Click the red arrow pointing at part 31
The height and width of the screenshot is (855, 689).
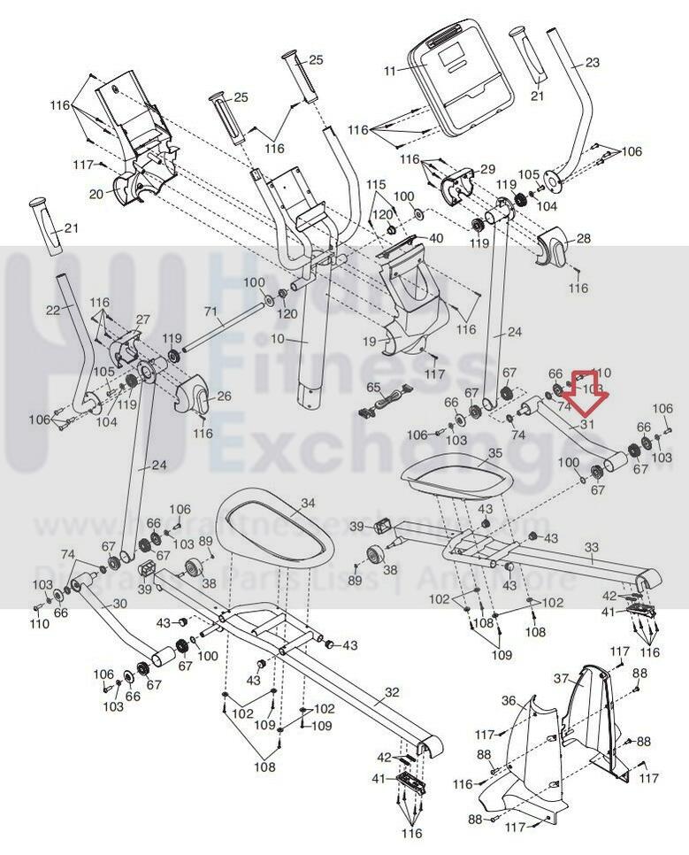584,392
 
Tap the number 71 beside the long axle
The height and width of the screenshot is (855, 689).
211,312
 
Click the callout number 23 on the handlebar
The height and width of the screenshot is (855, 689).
592,62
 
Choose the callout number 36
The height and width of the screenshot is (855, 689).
509,700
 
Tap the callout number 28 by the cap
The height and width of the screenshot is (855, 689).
583,239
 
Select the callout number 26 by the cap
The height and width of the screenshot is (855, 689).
224,396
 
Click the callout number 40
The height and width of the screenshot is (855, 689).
436,239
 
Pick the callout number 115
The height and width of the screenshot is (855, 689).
378,184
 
